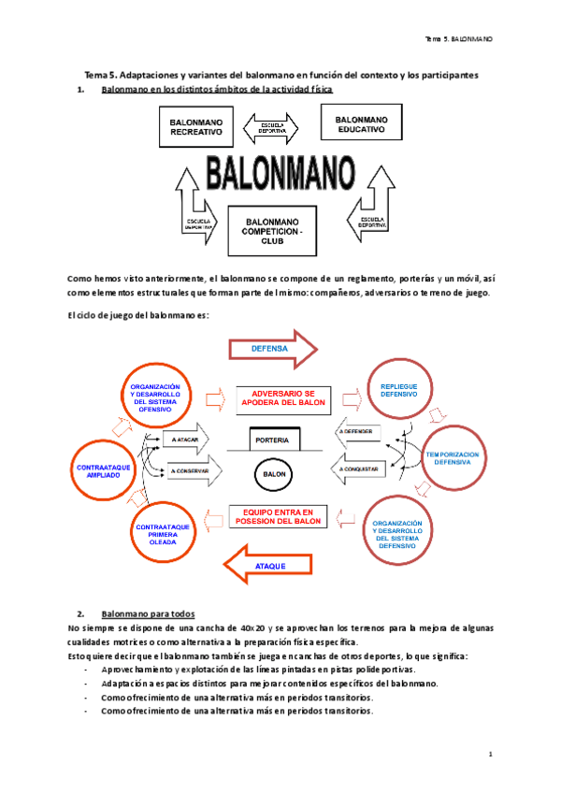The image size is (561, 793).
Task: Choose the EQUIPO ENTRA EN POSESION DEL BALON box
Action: pos(278,517)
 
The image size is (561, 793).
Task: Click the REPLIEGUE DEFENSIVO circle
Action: pos(399,390)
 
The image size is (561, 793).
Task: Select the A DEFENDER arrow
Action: pos(360,431)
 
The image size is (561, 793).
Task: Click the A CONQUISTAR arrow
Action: pos(361,467)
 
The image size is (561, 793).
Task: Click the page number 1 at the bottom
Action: pos(490,753)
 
